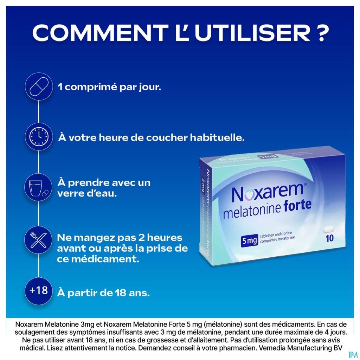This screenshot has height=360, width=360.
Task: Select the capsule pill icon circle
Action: tap(39, 87)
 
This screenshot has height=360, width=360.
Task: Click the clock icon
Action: tap(39, 137)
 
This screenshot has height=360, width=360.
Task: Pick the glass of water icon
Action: tap(39, 187)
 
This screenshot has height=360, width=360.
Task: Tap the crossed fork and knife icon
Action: tap(39, 240)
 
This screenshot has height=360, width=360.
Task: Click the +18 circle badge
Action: tap(39, 291)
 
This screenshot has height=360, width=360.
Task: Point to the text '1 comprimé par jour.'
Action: tap(109, 88)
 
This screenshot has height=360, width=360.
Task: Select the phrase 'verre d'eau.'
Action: tap(87, 194)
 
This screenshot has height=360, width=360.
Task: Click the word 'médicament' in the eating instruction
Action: tap(105, 259)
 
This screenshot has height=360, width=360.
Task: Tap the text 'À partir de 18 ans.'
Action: tap(103, 293)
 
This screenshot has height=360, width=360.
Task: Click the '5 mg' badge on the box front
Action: tap(249, 241)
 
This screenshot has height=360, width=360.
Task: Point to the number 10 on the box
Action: tap(329, 238)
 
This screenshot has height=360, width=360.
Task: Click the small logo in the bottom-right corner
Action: tap(353, 355)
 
